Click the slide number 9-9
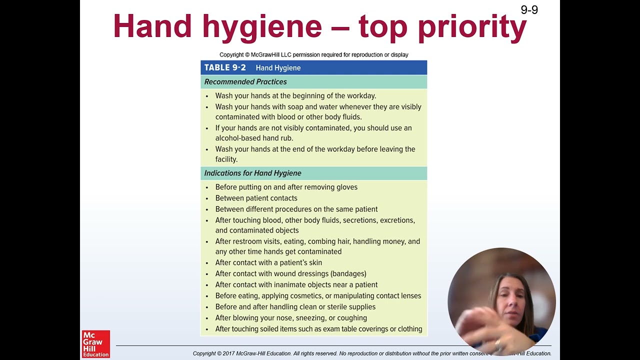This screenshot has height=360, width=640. click(529, 9)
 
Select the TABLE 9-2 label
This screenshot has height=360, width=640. click(225, 67)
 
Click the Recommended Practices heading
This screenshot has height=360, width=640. click(245, 81)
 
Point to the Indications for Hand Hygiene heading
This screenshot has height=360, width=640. click(252, 173)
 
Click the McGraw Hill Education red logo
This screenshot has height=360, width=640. click(95, 343)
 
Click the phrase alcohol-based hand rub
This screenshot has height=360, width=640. click(254, 138)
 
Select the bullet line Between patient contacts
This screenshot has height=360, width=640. click(256, 198)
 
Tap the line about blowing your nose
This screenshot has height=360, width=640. click(291, 317)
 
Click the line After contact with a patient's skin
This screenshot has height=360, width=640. click(268, 262)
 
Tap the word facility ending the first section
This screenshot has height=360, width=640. click(226, 159)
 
